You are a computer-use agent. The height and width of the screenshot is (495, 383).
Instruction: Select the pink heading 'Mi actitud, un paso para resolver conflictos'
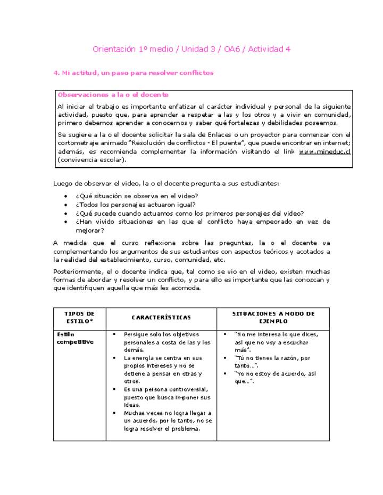(137, 73)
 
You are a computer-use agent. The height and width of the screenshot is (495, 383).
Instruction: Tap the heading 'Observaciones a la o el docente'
(113, 95)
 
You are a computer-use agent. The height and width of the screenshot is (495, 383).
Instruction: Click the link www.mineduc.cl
(324, 151)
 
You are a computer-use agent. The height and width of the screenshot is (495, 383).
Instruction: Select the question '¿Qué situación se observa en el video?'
(137, 196)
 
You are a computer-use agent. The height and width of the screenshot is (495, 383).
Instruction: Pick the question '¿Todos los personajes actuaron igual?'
(135, 204)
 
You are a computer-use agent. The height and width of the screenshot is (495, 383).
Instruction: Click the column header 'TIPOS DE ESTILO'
(79, 318)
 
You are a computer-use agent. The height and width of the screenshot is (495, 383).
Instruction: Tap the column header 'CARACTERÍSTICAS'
(161, 318)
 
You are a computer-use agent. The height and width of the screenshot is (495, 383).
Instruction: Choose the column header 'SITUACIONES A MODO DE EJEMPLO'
(273, 318)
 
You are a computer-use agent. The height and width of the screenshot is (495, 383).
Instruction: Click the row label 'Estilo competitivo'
(74, 338)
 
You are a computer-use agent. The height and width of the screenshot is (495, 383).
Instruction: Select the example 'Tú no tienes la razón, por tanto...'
(273, 362)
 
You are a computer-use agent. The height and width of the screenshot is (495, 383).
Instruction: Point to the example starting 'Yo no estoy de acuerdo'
(274, 377)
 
